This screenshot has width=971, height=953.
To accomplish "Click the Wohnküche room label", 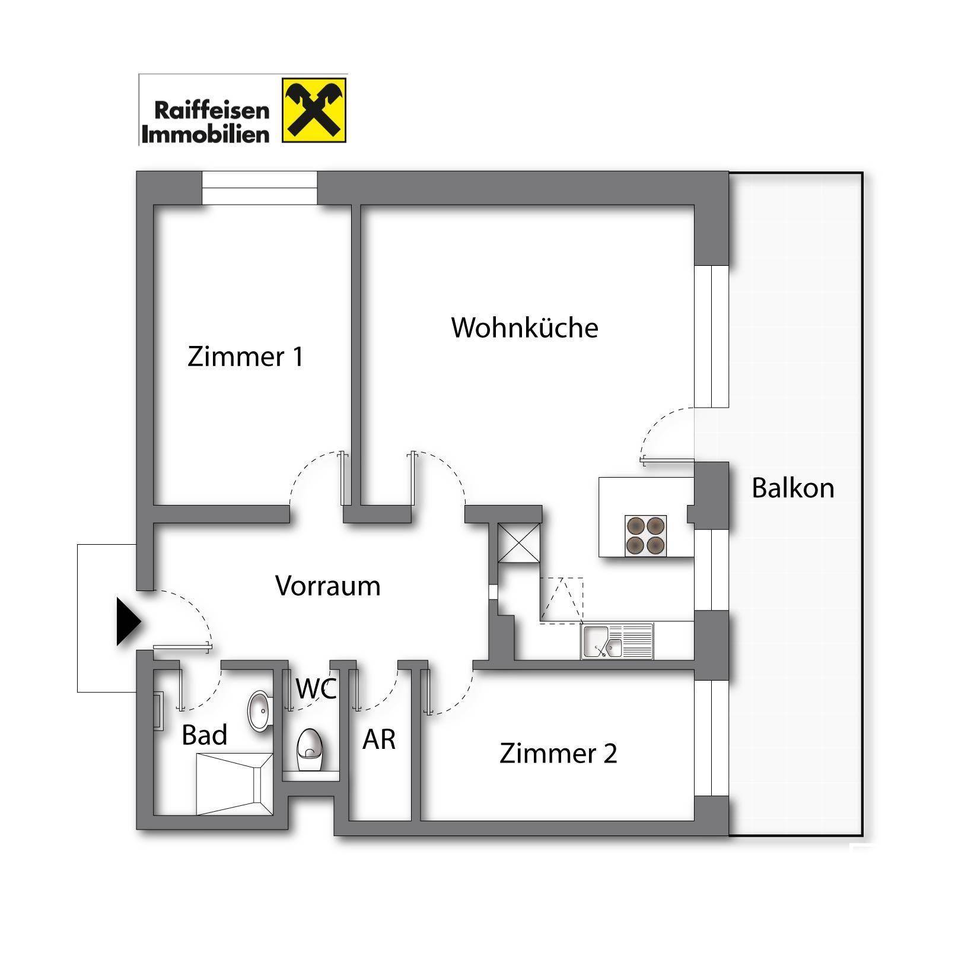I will pos(524,328).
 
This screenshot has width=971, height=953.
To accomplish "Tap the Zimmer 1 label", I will pos(245,357).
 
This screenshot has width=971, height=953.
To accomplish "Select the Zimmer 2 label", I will pos(558,753).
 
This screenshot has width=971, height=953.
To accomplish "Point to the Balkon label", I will pos(792,488).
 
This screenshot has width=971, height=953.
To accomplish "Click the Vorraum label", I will pos(327,586).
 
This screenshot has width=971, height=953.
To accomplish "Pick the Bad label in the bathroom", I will pos(204,735).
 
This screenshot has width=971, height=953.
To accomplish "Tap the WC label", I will pos(316,688).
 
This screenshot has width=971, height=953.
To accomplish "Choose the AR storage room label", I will pos(379,739).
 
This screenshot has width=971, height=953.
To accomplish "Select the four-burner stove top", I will pos(645,536).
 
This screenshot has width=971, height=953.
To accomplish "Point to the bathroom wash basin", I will pos(259,711).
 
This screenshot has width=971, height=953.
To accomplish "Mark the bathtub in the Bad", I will pos(234,784).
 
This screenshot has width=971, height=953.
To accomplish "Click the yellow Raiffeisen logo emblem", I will pos(314,110).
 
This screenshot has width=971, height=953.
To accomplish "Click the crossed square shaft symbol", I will pos(519,542).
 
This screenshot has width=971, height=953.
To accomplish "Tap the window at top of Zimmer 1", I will pos(259,188).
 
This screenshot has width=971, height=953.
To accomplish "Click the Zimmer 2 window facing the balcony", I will pos(711,738).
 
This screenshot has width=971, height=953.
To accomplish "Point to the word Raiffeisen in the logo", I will pos(211,110).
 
